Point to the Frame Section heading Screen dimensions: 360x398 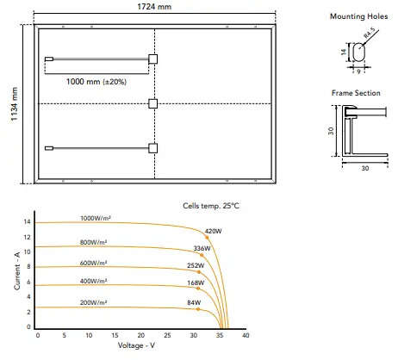tap(357, 91)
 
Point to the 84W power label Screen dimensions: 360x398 tap(193, 302)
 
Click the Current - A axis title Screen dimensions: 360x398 tap(16, 270)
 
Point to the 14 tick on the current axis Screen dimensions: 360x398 tap(28, 222)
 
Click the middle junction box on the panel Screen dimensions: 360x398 tap(153, 103)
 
